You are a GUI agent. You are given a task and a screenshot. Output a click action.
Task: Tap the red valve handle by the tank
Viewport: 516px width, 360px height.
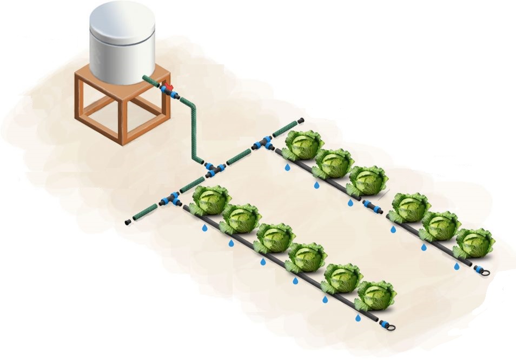click(169, 86)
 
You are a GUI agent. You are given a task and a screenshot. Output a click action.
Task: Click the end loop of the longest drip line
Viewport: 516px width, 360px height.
click(388, 326)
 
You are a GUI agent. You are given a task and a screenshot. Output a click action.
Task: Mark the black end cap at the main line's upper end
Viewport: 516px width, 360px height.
click(300, 120)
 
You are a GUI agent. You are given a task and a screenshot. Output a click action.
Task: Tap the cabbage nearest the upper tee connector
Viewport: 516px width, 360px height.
click(303, 144)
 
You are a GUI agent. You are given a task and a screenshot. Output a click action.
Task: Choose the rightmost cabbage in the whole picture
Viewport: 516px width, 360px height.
click(474, 243)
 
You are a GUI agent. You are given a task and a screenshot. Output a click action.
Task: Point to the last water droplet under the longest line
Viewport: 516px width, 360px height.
click(358, 318)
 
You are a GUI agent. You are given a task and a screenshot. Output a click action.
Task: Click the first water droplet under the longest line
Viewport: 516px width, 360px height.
click(204, 228)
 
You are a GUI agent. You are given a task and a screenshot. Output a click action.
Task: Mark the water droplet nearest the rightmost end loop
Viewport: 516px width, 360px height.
click(457, 266)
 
